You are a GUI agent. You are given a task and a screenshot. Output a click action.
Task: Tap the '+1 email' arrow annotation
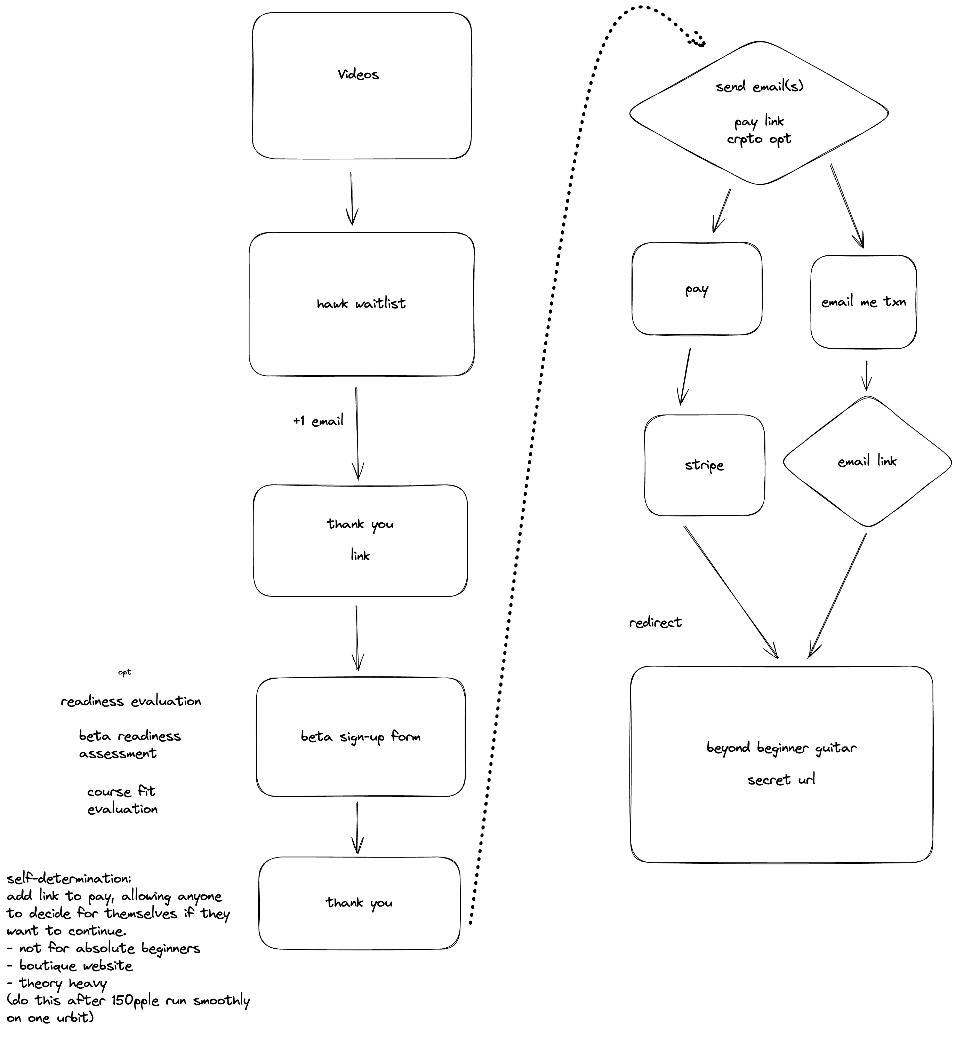(x=318, y=421)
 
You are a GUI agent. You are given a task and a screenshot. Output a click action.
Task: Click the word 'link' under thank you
(x=360, y=555)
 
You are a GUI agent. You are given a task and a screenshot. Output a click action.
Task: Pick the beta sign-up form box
(x=360, y=737)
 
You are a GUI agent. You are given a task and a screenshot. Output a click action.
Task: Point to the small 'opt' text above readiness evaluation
(x=124, y=672)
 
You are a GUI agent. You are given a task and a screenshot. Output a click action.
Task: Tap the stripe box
(x=704, y=465)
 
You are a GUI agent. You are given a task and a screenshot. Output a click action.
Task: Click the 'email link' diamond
(x=867, y=461)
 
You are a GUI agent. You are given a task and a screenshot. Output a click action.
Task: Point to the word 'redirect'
(x=655, y=622)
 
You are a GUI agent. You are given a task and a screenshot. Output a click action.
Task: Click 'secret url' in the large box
(x=781, y=780)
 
